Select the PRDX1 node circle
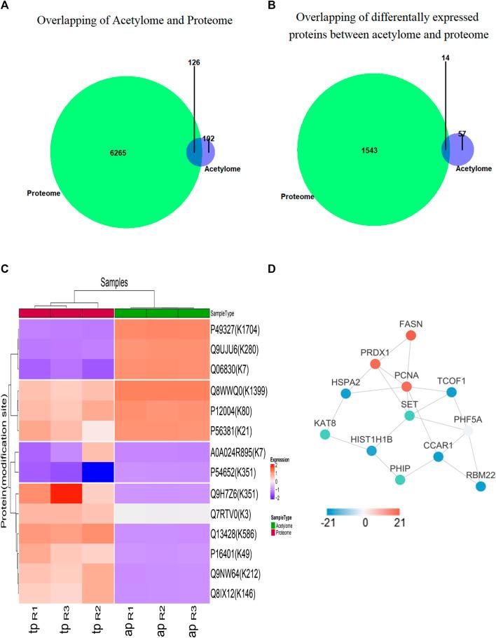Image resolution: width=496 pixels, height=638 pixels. (376, 364)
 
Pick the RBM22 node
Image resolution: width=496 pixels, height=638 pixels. (480, 485)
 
